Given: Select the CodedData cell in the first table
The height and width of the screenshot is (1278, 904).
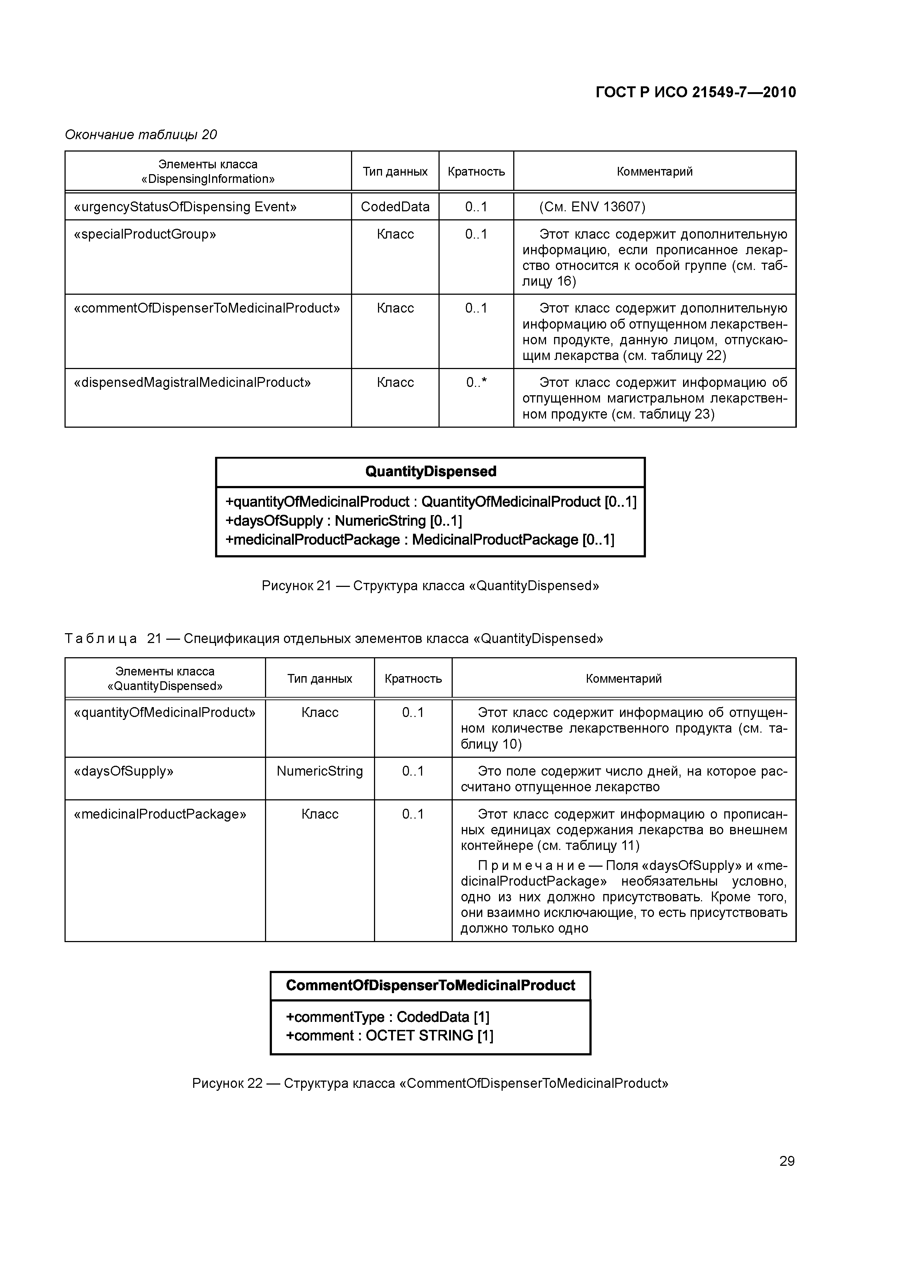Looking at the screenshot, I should pyautogui.click(x=395, y=207).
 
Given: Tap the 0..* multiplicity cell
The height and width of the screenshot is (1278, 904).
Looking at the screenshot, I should pyautogui.click(x=476, y=383).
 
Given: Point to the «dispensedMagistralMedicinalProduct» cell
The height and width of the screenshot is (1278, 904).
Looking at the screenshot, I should pyautogui.click(x=192, y=383).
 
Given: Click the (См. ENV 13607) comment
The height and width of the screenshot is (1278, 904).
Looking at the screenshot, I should pyautogui.click(x=592, y=207).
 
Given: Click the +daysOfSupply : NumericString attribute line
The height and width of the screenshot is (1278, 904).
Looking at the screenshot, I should pyautogui.click(x=344, y=521).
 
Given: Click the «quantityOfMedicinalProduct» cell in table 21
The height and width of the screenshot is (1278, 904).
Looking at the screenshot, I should pyautogui.click(x=165, y=713).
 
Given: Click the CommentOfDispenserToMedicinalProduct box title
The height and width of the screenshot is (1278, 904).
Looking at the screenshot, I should pyautogui.click(x=430, y=986).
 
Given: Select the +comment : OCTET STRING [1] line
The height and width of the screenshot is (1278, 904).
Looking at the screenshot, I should pyautogui.click(x=389, y=1036).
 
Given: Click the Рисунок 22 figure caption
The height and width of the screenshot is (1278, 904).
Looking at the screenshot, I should pyautogui.click(x=430, y=1084).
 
